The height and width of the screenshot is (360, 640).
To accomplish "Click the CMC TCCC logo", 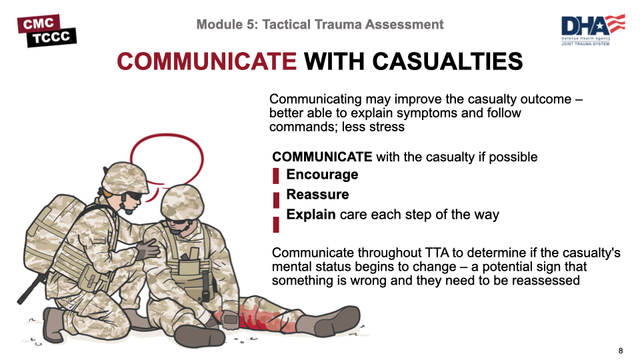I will point(47,31).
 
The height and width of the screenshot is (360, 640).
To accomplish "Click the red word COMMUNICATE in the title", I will point(207,62).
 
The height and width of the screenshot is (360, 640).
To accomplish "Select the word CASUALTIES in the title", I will point(447,62).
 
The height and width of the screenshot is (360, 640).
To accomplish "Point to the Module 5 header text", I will point(320,25).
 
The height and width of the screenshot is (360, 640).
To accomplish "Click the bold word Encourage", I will point(322,175).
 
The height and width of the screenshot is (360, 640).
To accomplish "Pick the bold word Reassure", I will point(317,195).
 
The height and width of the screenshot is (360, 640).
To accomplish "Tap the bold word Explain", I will point(311,215).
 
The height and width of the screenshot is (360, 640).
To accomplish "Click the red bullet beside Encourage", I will point(276,177).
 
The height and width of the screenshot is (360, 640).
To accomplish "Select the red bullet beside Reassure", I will point(276,199).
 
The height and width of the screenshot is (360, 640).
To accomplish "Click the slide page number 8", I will point(621,351).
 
